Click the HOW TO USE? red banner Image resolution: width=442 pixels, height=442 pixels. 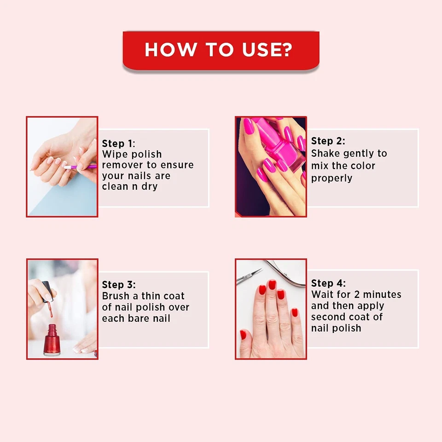[x=221, y=50]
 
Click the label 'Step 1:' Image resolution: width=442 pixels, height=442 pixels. [x=119, y=144]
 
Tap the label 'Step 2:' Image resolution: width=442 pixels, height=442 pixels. [x=328, y=141]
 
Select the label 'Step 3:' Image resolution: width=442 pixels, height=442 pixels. [x=119, y=285]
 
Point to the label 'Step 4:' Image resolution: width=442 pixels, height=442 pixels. [x=328, y=283]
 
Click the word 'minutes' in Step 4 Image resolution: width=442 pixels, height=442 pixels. [x=382, y=294]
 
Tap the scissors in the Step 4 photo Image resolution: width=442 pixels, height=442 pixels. [x=251, y=276]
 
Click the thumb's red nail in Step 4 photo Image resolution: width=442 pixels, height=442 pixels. [x=243, y=335]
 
